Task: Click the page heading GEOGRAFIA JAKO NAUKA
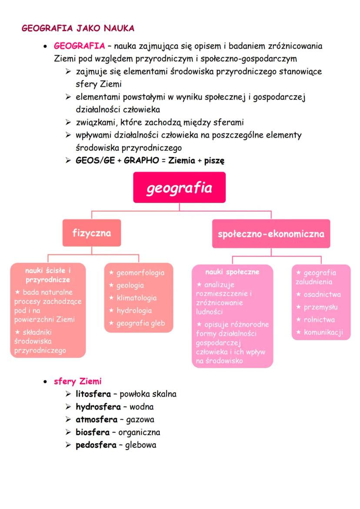[78, 28]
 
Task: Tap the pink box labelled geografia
[179, 187]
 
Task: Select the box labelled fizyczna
[91, 233]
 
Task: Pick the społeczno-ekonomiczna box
[271, 233]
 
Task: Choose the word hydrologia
[134, 311]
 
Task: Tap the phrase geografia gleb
[140, 323]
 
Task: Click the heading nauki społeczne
[232, 272]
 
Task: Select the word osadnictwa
[322, 295]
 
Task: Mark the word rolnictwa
[319, 320]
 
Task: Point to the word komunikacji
[323, 333]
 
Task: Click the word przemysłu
[320, 307]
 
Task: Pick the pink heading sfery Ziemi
[77, 382]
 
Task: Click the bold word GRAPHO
[140, 160]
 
